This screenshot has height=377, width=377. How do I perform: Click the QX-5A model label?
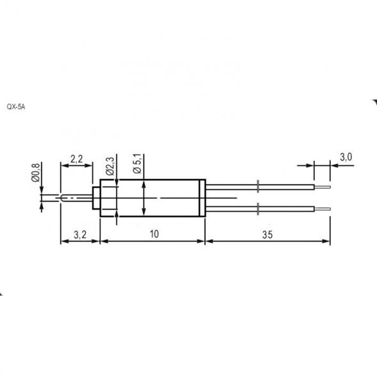[x=15, y=108]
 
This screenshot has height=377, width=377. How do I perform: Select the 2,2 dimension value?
[x=76, y=159]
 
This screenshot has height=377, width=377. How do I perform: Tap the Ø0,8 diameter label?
[x=36, y=172]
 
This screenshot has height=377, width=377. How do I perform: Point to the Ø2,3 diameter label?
[x=109, y=166]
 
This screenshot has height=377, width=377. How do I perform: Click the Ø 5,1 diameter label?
[x=137, y=163]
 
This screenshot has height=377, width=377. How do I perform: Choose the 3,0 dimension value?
[x=346, y=157]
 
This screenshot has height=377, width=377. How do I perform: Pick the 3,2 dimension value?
[x=80, y=234]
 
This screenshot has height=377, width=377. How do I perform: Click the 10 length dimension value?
[x=154, y=234]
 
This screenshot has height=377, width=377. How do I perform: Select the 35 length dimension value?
[x=268, y=234]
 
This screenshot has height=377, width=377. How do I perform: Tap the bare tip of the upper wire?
[x=323, y=187]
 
